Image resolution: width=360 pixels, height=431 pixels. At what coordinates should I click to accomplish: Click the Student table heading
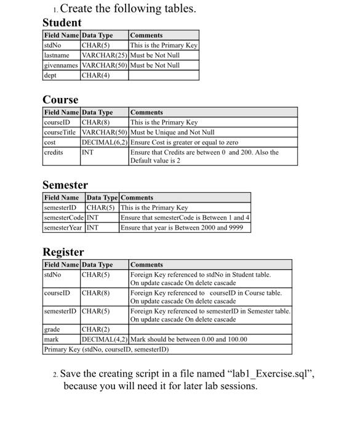click(62, 23)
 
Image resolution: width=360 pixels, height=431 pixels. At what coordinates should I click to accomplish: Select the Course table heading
click(60, 100)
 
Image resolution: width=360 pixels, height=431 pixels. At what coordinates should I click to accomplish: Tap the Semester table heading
click(65, 185)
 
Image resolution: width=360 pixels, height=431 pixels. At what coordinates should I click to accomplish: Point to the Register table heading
click(63, 252)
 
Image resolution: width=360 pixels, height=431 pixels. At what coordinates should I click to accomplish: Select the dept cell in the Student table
click(50, 75)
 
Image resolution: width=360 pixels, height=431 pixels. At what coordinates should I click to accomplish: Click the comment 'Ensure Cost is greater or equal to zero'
click(184, 142)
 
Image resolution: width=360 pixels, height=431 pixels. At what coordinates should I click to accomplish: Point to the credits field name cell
click(54, 152)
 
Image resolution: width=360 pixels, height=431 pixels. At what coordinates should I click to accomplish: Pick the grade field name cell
click(52, 329)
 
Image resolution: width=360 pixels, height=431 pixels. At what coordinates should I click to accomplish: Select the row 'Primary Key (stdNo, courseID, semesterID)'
click(106, 349)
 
